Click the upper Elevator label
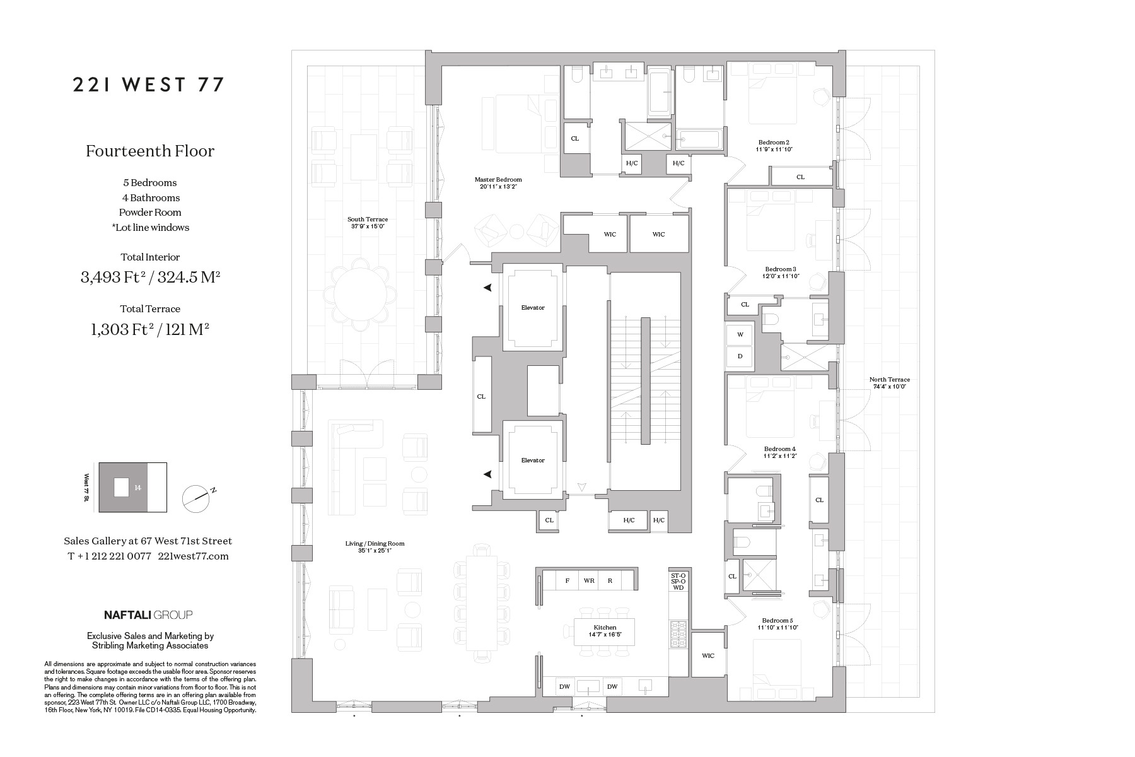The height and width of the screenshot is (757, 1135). click(x=533, y=308)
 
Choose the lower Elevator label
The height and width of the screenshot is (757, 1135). click(x=533, y=461)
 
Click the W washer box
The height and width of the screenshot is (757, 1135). click(x=740, y=334)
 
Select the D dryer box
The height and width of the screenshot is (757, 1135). click(x=740, y=356)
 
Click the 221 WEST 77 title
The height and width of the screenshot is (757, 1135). click(x=149, y=85)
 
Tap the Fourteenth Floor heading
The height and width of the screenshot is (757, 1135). click(x=150, y=151)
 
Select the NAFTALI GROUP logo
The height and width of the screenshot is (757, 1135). click(x=148, y=614)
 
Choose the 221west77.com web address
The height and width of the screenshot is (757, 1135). click(x=193, y=556)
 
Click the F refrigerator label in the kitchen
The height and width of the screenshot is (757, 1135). click(x=567, y=580)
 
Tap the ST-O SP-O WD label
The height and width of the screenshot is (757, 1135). click(x=678, y=582)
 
